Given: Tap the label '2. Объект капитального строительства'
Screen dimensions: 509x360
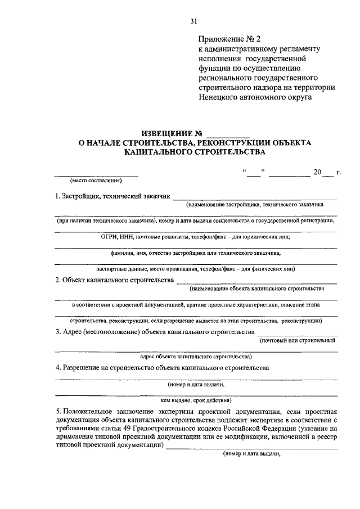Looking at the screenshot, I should coord(114,280).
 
